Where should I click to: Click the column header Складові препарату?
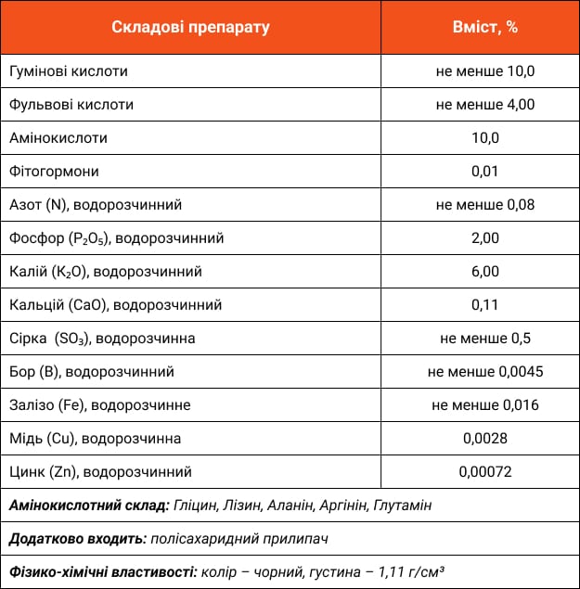[x=190, y=27]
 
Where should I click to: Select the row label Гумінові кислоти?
[x=68, y=70]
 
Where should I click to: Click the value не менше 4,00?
[x=485, y=104]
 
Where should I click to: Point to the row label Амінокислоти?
[x=58, y=137]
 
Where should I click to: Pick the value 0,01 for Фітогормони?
[x=485, y=171]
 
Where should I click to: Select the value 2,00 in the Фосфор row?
[x=485, y=237]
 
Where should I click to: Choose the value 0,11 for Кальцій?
[x=485, y=304]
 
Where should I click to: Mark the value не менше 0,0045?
[x=485, y=371]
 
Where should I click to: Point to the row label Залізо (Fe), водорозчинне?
[x=99, y=404]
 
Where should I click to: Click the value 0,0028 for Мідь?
[x=485, y=438]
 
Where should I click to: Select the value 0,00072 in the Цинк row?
[x=485, y=471]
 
